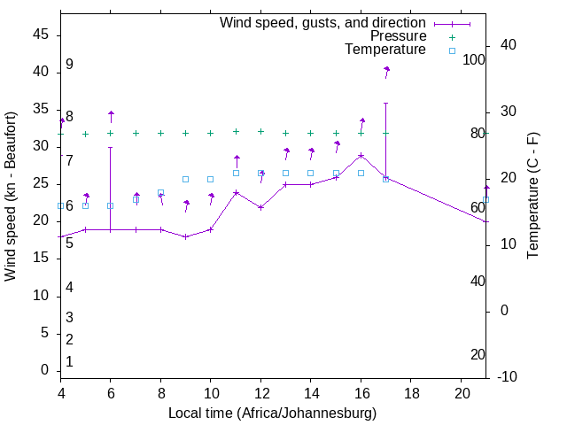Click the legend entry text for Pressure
[x=398, y=36]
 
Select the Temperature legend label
[x=384, y=50]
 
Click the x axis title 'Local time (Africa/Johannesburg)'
[x=272, y=413]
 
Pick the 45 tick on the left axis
[x=40, y=35]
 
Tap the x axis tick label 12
[x=260, y=391]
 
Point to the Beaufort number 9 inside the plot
[x=69, y=65]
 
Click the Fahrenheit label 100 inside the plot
[x=475, y=60]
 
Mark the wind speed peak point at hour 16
[x=361, y=156]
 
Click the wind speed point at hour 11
[x=236, y=192]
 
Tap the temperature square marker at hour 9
[x=185, y=179]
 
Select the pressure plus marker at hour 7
[x=136, y=134]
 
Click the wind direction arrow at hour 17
[x=386, y=71]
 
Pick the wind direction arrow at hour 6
[x=111, y=115]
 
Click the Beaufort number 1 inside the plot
[x=69, y=361]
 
